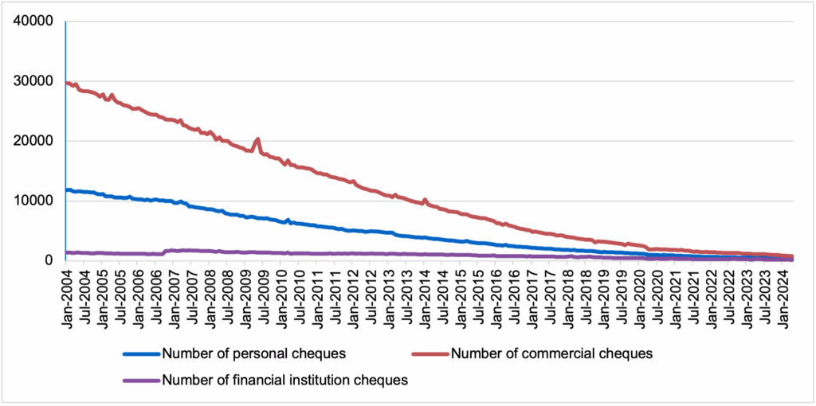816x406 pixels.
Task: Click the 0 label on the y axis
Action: tap(49, 260)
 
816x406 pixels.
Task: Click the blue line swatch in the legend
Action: tap(140, 353)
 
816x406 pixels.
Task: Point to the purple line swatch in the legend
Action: tap(140, 381)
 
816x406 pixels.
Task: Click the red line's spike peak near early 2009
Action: tap(257, 139)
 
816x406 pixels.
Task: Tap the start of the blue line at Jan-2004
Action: tap(67, 190)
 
